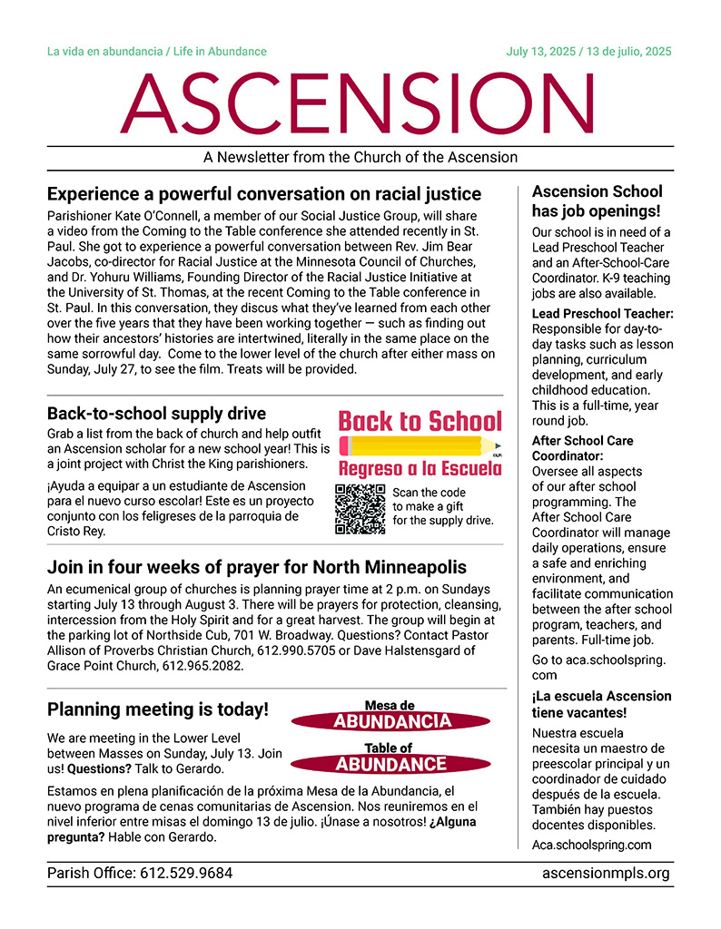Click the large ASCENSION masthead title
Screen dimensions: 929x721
coord(360,102)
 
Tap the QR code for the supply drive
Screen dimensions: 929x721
coord(360,509)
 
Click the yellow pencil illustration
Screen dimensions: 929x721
coord(420,445)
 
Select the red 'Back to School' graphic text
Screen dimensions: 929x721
coord(420,421)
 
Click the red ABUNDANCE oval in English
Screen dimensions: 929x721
coord(391,764)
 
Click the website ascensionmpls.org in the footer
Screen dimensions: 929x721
coord(605,874)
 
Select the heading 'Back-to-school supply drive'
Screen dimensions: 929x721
coord(156,413)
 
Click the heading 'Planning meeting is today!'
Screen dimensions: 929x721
coord(157,709)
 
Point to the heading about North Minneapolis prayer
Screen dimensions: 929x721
coord(257,568)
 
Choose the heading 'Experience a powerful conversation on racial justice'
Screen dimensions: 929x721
coord(264,194)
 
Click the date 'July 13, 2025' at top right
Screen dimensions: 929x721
coord(544,52)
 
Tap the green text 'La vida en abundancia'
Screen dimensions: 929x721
coord(104,52)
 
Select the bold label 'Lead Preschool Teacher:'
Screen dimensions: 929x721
coord(602,314)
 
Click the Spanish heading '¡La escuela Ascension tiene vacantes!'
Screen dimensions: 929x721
coord(602,704)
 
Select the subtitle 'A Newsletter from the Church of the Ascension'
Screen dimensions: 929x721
coord(360,157)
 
